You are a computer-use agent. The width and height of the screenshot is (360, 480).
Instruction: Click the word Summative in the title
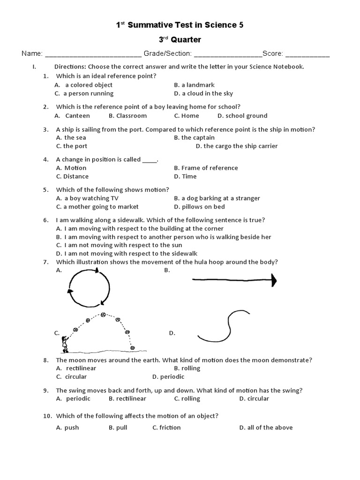click(148, 25)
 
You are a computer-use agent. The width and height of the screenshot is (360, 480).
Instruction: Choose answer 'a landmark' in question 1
click(197, 85)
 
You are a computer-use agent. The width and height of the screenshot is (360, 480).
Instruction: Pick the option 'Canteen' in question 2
click(77, 116)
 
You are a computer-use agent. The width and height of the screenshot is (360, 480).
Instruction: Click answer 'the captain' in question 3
click(197, 137)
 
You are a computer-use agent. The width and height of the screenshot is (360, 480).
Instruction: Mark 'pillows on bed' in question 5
click(203, 207)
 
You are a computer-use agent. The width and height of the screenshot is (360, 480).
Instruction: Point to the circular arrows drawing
click(89, 286)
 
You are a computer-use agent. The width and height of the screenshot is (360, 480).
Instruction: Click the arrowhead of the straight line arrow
click(274, 281)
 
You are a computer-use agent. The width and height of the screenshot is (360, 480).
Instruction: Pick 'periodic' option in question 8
click(172, 377)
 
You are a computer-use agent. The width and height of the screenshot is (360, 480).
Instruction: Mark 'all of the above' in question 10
click(269, 427)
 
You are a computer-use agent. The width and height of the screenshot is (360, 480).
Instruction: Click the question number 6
click(46, 220)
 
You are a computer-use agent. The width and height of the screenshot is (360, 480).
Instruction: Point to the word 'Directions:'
click(70, 67)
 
